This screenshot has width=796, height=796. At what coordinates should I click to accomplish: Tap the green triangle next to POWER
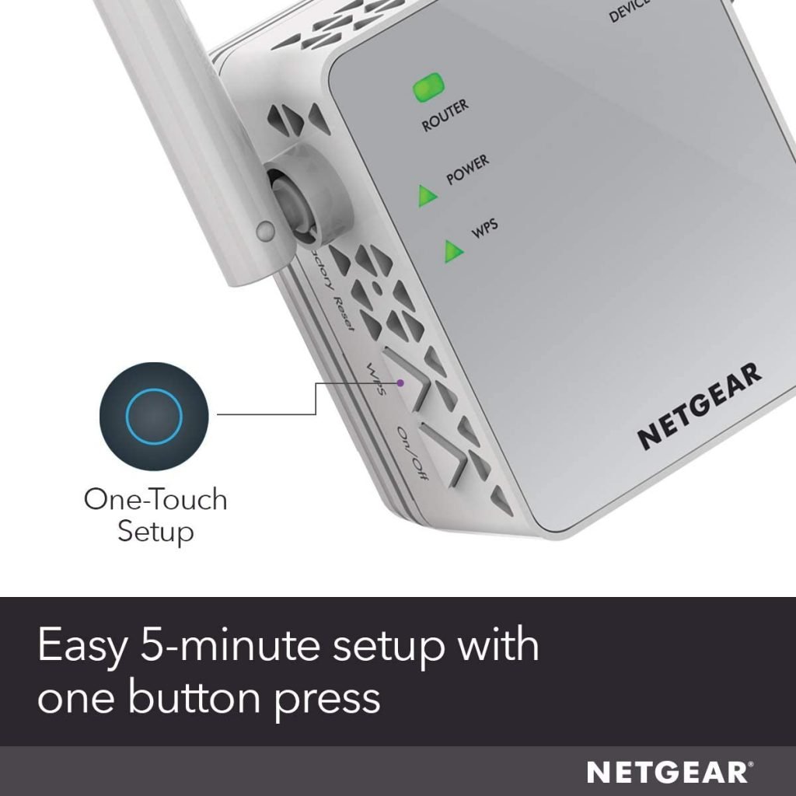(426, 196)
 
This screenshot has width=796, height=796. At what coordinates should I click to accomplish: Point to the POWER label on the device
(467, 170)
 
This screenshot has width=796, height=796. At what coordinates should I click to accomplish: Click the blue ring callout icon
(153, 417)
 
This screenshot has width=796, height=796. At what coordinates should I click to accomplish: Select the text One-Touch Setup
(155, 515)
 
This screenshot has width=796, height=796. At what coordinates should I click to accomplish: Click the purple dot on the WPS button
(400, 382)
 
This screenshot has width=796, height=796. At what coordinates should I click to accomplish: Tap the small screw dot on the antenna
(265, 230)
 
